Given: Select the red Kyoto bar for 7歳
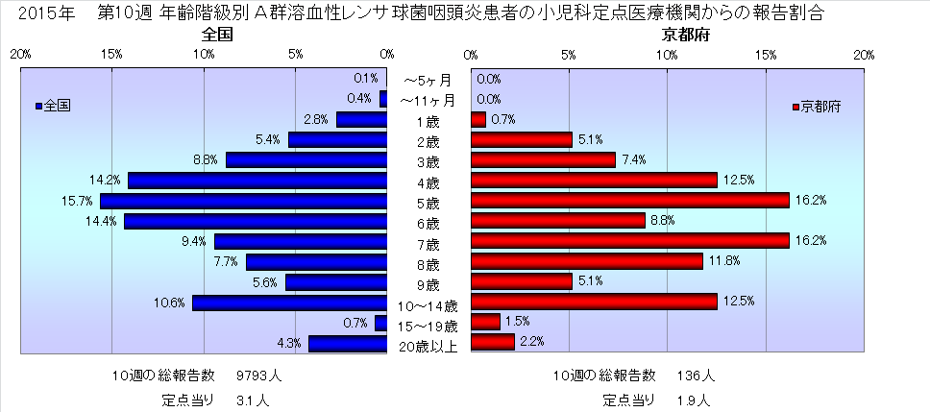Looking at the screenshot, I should coord(629,240).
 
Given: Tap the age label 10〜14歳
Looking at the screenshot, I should coord(428,302).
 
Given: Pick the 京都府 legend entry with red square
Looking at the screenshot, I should coord(816,107).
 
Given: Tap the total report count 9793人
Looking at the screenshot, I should coord(258,375).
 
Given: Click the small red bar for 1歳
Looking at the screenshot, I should coord(478,120).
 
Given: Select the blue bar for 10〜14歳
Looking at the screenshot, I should coord(289,303).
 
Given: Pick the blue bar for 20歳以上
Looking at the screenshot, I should coord(347,343).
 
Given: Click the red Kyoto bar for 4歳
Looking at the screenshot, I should coord(594,180).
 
